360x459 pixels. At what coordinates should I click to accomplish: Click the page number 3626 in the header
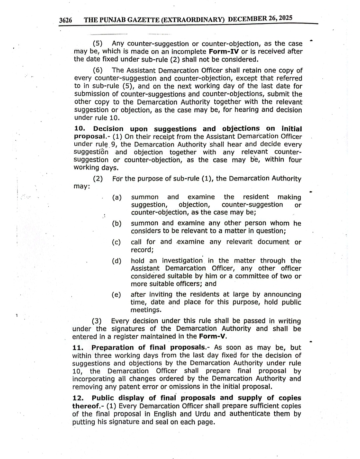[x=66, y=20]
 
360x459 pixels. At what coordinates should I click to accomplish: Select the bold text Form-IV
[x=224, y=51]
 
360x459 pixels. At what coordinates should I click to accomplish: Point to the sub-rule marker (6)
[x=98, y=70]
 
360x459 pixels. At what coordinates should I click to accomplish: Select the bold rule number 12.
[x=78, y=398]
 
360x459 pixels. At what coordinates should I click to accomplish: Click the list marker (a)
[x=117, y=197]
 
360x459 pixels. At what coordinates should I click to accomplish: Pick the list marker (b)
[x=117, y=223]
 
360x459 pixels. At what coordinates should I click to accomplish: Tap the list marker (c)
[x=116, y=242]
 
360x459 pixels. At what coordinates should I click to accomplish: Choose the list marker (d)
[x=117, y=261]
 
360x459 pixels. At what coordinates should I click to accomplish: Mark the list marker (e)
[x=116, y=295]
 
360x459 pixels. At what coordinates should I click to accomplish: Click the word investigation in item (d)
[x=182, y=261]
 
